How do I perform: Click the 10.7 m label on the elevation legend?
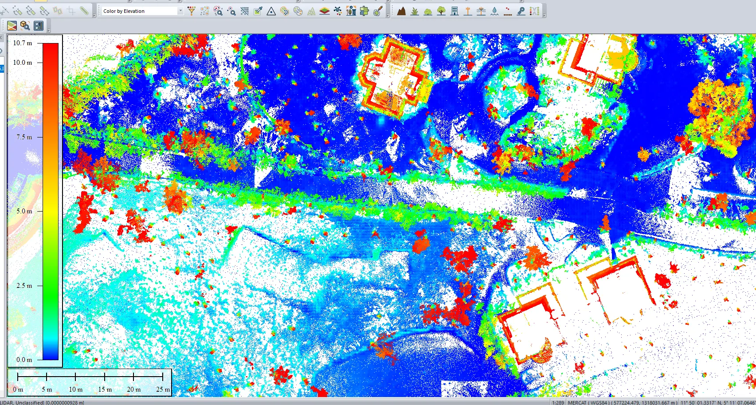pos(23,43)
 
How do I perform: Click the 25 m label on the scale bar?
pos(163,389)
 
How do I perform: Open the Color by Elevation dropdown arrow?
pos(180,11)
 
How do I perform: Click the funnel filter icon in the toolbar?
pos(192,11)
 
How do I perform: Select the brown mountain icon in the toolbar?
pos(401,11)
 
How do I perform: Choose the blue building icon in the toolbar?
pos(454,11)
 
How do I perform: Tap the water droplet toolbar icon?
pos(494,11)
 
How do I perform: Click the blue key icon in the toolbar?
pos(521,11)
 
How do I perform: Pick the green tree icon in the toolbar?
pos(441,11)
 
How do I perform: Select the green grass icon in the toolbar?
pos(415,11)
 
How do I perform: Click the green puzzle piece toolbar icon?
pos(364,11)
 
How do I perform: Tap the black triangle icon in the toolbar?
pos(271,11)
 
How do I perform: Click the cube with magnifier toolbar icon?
pos(25,26)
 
